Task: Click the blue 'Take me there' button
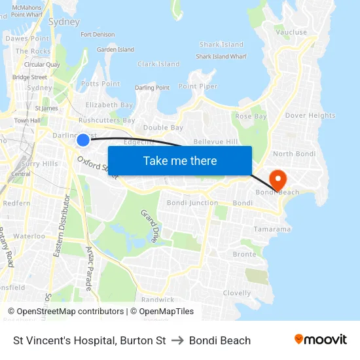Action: pos(180,160)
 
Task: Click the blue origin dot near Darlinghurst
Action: pos(83,139)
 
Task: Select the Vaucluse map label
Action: pos(291,32)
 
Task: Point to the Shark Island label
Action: pos(221,45)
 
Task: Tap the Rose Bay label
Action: pos(251,116)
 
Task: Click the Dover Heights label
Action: pos(310,116)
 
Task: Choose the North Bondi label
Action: pos(294,154)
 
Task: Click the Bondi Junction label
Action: pos(192,203)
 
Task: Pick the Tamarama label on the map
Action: pos(272,229)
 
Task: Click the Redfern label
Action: pos(16,203)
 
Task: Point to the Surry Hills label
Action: pos(41,164)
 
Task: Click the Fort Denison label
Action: pos(97,35)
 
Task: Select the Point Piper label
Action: pos(198,86)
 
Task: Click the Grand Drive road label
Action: pos(149,226)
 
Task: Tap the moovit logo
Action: pos(320,340)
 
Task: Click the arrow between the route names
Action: pos(177,340)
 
